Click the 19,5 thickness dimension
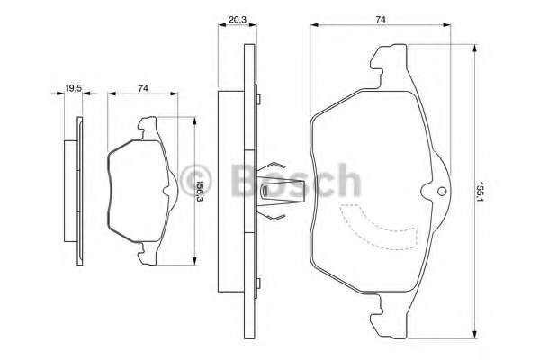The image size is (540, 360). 75,87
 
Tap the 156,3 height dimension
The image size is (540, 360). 201,192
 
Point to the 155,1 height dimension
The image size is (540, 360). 482,191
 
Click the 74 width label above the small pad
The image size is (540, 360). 143,87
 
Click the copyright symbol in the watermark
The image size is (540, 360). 195,177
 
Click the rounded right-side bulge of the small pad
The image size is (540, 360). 172,192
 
